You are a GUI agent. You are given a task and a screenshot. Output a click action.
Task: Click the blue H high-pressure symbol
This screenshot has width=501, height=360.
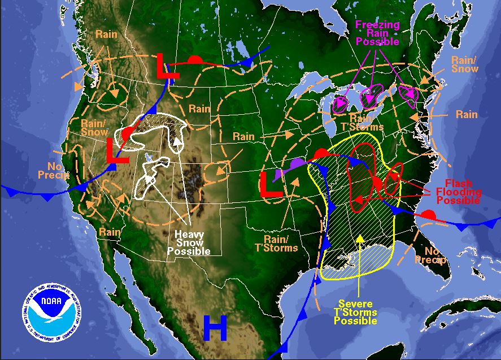pos(215,327)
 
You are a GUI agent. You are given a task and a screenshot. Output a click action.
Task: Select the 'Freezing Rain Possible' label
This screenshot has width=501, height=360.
pos(377,33)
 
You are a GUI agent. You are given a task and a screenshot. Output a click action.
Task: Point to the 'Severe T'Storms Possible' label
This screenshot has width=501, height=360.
pos(355,312)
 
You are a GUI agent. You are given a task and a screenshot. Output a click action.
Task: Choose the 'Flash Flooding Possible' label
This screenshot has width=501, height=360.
pos(463,192)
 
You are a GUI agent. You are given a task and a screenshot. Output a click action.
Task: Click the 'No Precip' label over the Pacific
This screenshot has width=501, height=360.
pos(54,171)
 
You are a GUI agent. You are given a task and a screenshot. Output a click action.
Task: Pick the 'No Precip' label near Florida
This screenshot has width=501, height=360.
pos(430,255)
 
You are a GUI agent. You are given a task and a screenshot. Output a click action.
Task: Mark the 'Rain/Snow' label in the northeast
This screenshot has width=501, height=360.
pos(465,64)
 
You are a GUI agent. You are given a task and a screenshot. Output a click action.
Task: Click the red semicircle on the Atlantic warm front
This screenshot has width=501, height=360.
pos(429,215)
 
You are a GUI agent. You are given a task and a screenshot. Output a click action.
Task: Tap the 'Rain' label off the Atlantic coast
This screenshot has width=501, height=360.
pos(467,115)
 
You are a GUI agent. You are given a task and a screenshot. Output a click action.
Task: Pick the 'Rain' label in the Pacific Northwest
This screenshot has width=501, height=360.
pos(106,34)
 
